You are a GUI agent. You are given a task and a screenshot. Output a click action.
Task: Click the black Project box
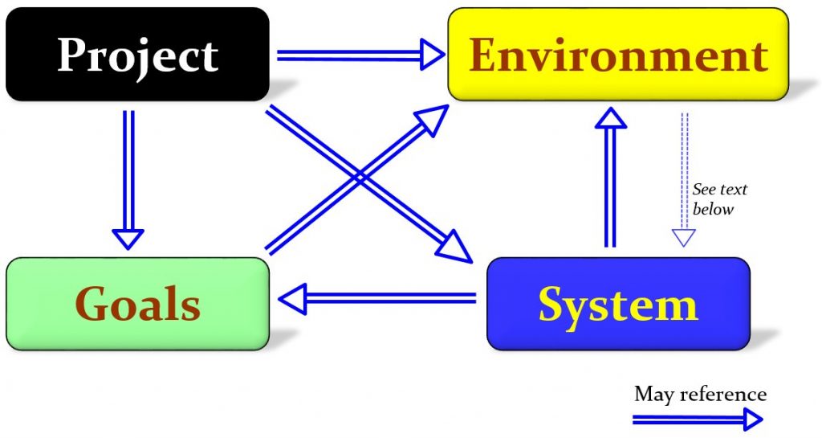tap(137, 55)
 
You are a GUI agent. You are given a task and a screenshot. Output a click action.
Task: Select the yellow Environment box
tap(618, 55)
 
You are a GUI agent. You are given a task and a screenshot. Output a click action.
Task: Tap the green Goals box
tap(137, 304)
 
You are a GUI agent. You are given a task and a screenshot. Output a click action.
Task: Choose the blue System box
tap(618, 304)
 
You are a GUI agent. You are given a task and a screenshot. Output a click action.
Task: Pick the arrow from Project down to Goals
tap(128, 177)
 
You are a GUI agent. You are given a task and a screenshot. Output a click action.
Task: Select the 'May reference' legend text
tap(700, 395)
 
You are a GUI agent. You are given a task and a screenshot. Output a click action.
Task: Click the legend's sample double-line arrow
tap(697, 419)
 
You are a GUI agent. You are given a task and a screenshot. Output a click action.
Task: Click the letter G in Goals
tap(93, 305)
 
